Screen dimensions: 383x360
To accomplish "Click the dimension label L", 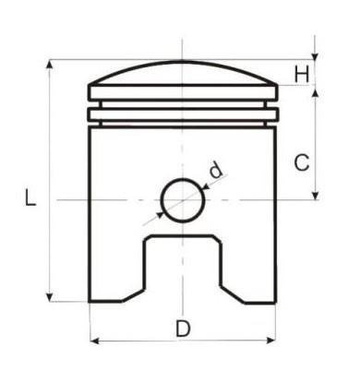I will pyautogui.click(x=30, y=198).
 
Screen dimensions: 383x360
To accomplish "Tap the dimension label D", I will pyautogui.click(x=183, y=328).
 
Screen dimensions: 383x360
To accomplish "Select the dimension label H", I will pyautogui.click(x=302, y=73).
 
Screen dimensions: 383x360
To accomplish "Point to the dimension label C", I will pyautogui.click(x=301, y=163).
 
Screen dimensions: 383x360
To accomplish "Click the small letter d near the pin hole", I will pyautogui.click(x=215, y=170).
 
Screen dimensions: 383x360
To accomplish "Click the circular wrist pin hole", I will pyautogui.click(x=182, y=199).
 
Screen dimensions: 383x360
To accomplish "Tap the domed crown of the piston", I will pyautogui.click(x=182, y=72).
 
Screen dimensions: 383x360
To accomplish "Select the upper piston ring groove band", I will pyautogui.click(x=182, y=92).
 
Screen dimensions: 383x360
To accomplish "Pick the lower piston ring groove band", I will pyautogui.click(x=182, y=115).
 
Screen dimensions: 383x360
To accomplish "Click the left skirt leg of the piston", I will pyautogui.click(x=115, y=268).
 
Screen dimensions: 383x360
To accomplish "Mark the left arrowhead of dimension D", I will pyautogui.click(x=93, y=341).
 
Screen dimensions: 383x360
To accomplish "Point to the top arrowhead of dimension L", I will pyautogui.click(x=49, y=66).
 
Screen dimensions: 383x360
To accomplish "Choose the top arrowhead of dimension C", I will pyautogui.click(x=317, y=90).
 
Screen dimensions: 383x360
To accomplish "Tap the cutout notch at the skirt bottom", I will pyautogui.click(x=182, y=268).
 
